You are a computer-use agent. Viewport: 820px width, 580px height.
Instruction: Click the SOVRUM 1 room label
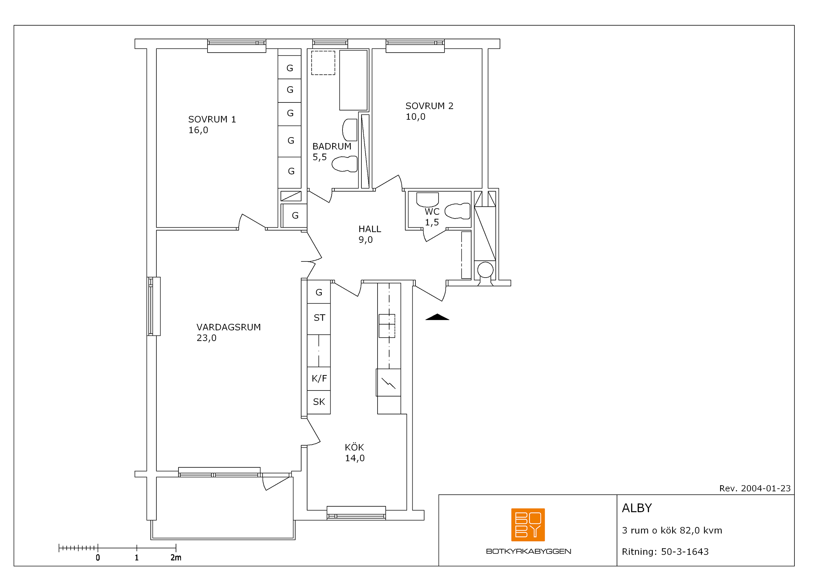click(212, 119)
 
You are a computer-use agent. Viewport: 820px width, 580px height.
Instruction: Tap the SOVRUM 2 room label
click(429, 106)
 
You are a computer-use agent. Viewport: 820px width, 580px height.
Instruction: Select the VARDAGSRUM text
click(229, 327)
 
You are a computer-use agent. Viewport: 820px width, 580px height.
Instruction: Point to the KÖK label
click(354, 447)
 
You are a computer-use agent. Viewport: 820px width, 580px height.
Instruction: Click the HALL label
click(370, 229)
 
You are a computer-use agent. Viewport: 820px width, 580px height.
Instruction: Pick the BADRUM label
click(332, 147)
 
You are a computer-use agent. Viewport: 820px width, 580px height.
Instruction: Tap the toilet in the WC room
click(458, 211)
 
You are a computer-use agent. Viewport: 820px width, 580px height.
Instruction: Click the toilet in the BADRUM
click(345, 164)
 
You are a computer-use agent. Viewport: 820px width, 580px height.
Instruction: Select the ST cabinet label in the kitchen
click(319, 318)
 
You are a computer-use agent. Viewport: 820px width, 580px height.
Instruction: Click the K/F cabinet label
click(319, 379)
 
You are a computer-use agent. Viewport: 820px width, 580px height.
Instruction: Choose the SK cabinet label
click(319, 402)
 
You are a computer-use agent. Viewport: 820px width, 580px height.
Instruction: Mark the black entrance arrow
click(437, 317)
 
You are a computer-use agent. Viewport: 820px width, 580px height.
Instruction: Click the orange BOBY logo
click(528, 525)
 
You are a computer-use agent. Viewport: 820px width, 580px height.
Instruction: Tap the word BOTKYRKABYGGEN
click(529, 552)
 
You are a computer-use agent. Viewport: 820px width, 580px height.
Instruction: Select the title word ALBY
click(637, 508)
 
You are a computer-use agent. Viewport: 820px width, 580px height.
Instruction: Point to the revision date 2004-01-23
click(766, 488)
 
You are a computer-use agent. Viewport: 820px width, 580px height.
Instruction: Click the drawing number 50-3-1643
click(685, 552)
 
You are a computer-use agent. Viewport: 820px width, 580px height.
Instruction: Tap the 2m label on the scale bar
click(176, 558)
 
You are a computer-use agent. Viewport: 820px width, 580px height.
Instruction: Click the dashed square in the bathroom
click(323, 63)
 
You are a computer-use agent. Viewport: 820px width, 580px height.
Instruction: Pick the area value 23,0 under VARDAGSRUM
click(206, 338)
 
